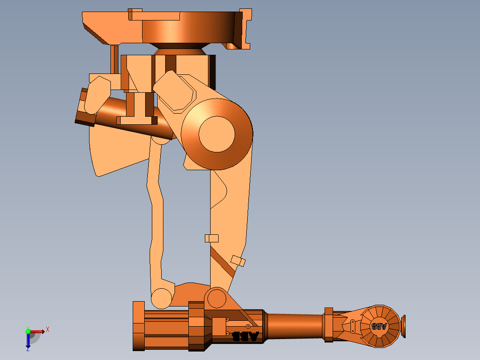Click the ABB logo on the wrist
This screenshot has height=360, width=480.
point(379,326)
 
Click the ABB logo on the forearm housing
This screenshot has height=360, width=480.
point(245,336)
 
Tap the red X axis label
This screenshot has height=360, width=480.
point(48,329)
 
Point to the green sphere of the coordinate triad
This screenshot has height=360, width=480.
point(28,331)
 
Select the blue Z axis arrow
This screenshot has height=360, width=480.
point(28,341)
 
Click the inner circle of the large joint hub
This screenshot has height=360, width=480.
point(216,134)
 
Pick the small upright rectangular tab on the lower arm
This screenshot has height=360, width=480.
point(212,238)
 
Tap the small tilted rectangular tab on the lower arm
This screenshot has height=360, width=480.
point(238,261)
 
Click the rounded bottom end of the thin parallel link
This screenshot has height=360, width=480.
point(161,298)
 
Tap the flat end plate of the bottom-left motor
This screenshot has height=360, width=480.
point(138,326)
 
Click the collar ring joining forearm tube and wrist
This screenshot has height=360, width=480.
point(329,324)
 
